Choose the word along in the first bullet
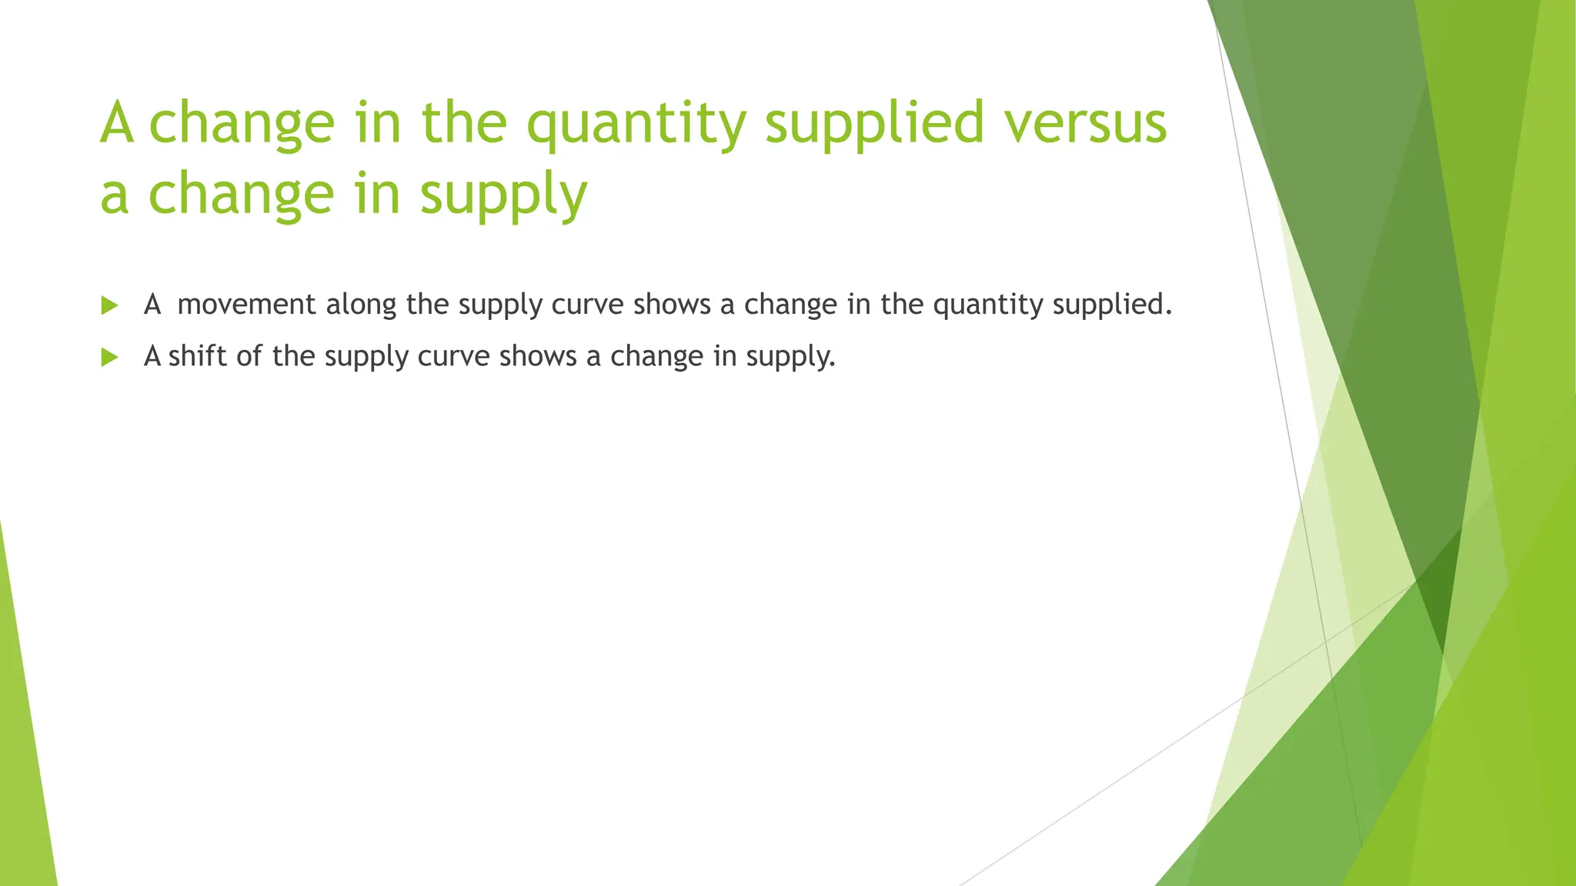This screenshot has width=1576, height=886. click(x=361, y=305)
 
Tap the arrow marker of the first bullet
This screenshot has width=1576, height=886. click(x=109, y=305)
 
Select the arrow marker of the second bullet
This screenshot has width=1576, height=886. click(x=109, y=357)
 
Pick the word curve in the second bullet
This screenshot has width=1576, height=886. click(x=453, y=356)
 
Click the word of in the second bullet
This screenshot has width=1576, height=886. click(x=249, y=356)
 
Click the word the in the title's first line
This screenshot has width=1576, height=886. click(x=464, y=123)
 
